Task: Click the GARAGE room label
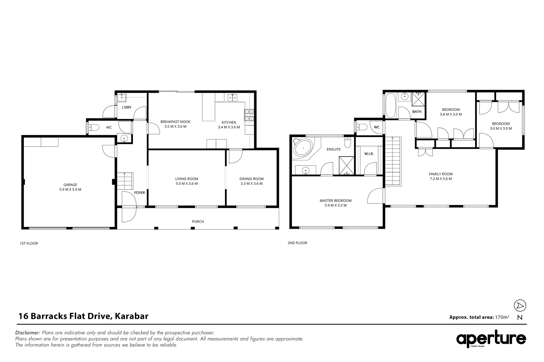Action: point(70,185)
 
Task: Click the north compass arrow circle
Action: point(520,305)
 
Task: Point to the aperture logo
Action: point(491,339)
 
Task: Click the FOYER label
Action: point(139,193)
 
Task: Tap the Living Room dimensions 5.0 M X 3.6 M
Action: point(186,184)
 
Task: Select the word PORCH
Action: point(198,222)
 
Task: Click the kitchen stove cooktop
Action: point(249,115)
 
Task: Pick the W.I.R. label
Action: point(369,154)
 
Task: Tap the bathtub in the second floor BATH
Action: point(391,106)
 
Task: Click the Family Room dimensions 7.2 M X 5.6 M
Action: point(441,179)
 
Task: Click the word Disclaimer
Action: point(28,333)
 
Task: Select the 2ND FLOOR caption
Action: point(298,243)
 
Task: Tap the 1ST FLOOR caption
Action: point(29,243)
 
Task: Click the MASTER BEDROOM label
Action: point(335,200)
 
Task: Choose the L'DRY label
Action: point(127,107)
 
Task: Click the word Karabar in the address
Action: point(132,316)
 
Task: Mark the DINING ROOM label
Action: point(252,179)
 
